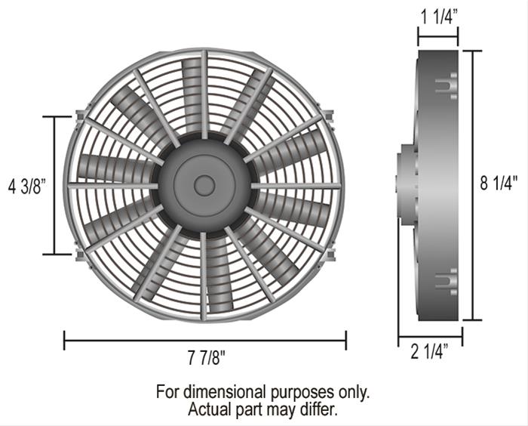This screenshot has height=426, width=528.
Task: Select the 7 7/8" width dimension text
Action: point(206,357)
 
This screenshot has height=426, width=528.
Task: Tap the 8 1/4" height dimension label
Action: point(500,184)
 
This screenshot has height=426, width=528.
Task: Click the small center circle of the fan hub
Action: point(204,185)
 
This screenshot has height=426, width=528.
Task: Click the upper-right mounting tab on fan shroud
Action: point(330,117)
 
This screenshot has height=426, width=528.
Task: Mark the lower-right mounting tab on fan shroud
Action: point(330,254)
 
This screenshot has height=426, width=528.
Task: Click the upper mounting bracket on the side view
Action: point(447,85)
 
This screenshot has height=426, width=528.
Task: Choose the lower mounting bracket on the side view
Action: point(447,281)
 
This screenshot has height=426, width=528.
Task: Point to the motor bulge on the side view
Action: point(406,185)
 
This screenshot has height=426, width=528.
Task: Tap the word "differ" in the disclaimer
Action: point(318,409)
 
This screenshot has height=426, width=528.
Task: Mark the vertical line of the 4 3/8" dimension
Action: point(55,186)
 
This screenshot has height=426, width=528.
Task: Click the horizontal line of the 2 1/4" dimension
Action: point(430,337)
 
